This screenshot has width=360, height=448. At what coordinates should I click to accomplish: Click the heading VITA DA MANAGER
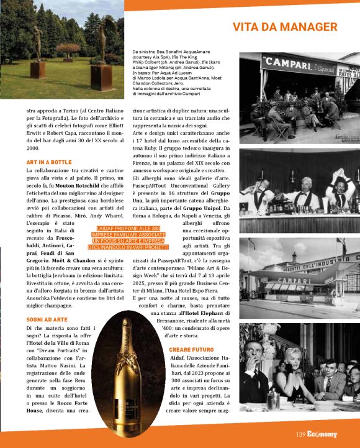coord(285,27)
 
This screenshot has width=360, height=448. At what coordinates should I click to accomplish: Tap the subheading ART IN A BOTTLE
coord(49,162)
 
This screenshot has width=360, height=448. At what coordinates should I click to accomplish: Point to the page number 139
coord(301,434)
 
